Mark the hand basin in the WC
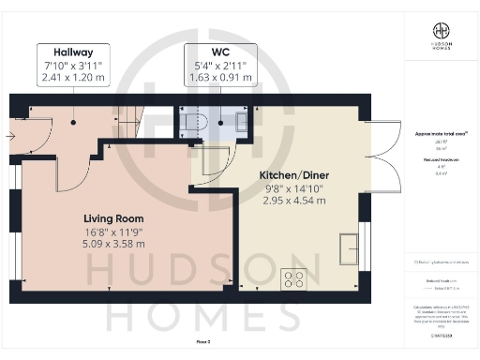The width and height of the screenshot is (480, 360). [242, 121]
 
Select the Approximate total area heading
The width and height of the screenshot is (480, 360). [438, 132]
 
